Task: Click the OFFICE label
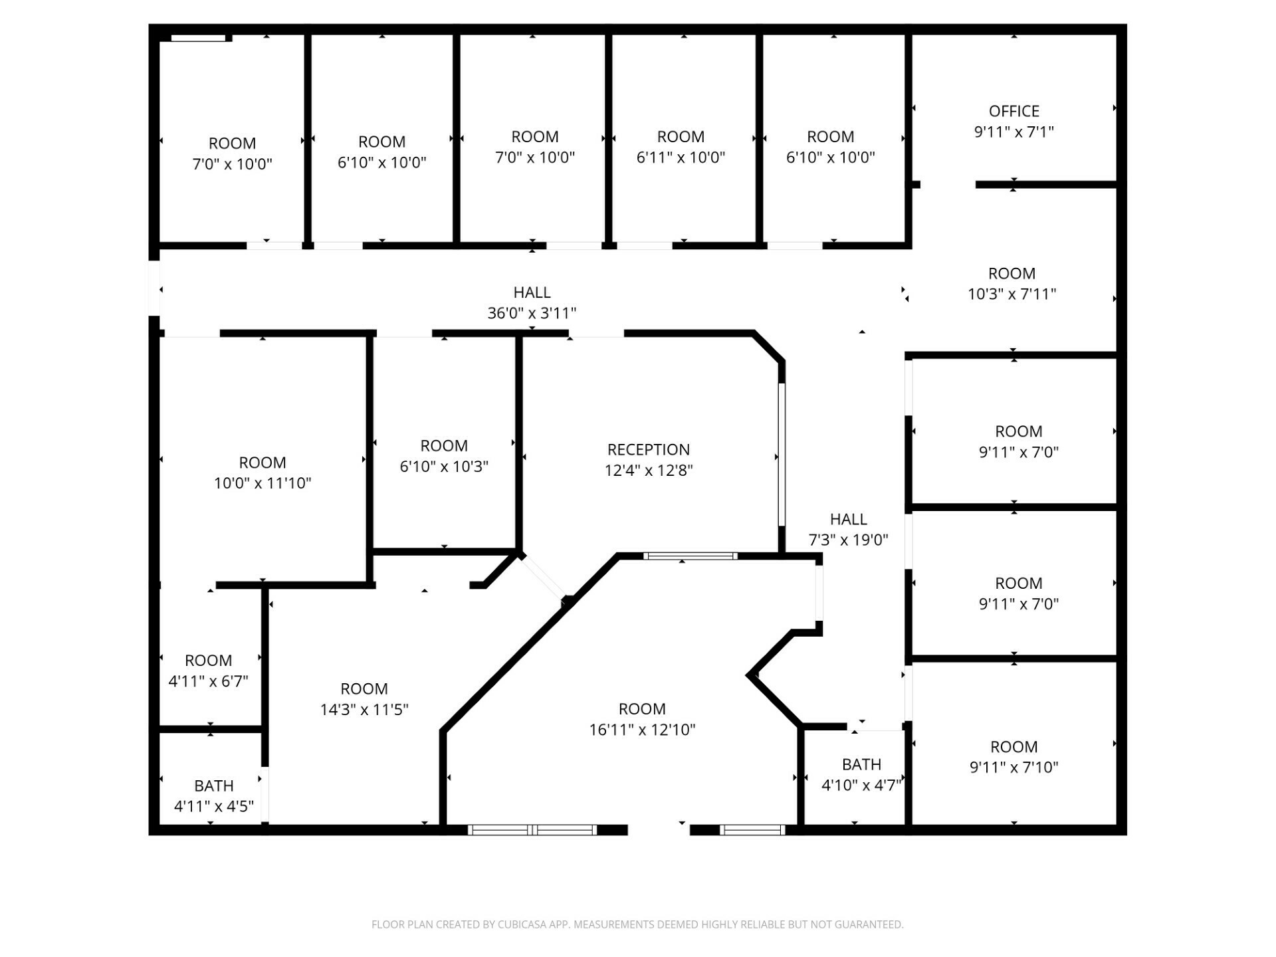pyautogui.click(x=1013, y=111)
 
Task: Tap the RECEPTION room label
pyautogui.click(x=649, y=449)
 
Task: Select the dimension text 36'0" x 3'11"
pyautogui.click(x=532, y=313)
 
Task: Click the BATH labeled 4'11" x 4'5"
pyautogui.click(x=213, y=796)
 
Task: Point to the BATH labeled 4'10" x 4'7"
pyautogui.click(x=861, y=774)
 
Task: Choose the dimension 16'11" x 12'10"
pyautogui.click(x=642, y=730)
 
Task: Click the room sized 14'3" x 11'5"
pyautogui.click(x=364, y=699)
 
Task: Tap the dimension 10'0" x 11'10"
pyautogui.click(x=263, y=483)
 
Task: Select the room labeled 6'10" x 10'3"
pyautogui.click(x=444, y=456)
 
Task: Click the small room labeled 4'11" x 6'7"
pyautogui.click(x=208, y=671)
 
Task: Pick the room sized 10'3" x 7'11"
pyautogui.click(x=1011, y=283)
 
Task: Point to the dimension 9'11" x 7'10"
pyautogui.click(x=1013, y=767)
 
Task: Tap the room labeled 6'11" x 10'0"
pyautogui.click(x=681, y=147)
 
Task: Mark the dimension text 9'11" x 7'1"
pyautogui.click(x=1013, y=132)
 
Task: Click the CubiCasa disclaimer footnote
pyautogui.click(x=637, y=924)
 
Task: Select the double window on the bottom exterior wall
pyautogui.click(x=532, y=829)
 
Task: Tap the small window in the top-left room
pyautogui.click(x=198, y=38)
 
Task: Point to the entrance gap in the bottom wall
pyautogui.click(x=659, y=829)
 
